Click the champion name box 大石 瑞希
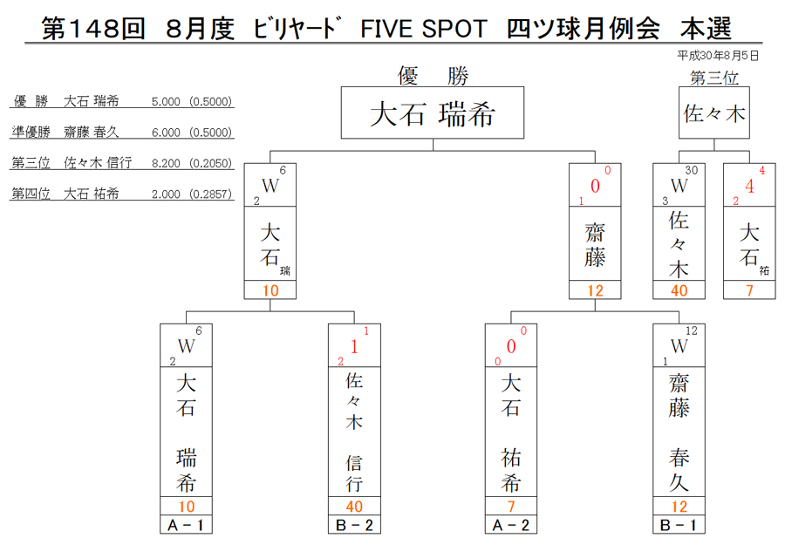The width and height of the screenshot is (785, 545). [x=433, y=112]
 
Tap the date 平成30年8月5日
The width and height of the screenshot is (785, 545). [x=719, y=56]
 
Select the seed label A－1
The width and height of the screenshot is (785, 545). [x=186, y=525]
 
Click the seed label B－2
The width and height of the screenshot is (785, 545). [x=354, y=525]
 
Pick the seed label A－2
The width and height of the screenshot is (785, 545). [x=510, y=525]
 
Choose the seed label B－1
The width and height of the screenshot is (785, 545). [x=679, y=525]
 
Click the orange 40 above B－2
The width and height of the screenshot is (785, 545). [x=354, y=507]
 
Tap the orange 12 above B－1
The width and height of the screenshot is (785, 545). [x=679, y=507]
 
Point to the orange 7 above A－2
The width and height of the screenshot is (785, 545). [x=510, y=507]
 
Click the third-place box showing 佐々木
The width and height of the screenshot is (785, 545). [x=713, y=112]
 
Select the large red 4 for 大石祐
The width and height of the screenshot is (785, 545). [x=749, y=186]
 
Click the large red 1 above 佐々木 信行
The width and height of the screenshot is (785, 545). [x=354, y=346]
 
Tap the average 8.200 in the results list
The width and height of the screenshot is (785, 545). [x=166, y=163]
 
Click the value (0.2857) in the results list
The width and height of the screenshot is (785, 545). [x=211, y=194]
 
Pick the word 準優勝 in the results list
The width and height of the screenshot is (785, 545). [x=31, y=133]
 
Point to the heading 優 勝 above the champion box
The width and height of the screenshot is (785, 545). [x=433, y=76]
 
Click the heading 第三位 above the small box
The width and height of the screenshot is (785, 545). [x=713, y=78]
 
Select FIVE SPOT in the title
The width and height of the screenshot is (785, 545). [x=424, y=29]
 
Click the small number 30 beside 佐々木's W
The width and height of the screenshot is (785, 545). [x=692, y=170]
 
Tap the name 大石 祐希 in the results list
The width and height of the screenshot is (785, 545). [x=91, y=194]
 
